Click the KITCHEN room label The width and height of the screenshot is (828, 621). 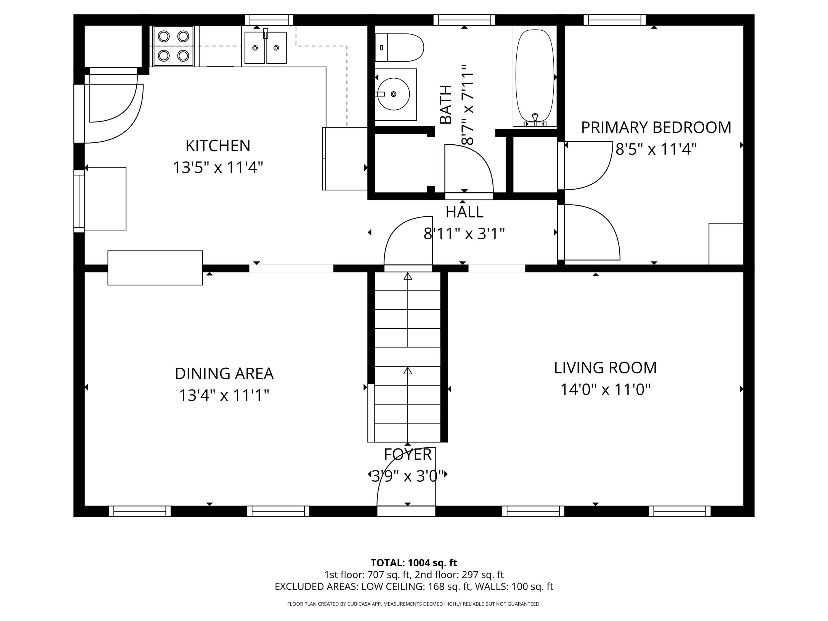[x=218, y=146]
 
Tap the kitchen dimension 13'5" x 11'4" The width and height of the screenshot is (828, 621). [x=218, y=167]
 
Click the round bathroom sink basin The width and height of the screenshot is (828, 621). [x=393, y=94]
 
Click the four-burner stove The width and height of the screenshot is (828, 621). [x=173, y=46]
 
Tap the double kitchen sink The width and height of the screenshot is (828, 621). [x=266, y=47]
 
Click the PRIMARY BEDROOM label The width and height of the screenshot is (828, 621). [x=656, y=128]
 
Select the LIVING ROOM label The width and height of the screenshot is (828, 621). [x=605, y=368]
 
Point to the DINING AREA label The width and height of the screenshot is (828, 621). [x=224, y=374]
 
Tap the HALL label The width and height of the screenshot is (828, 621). [x=464, y=212]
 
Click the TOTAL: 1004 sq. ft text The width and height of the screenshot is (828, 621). [x=414, y=562]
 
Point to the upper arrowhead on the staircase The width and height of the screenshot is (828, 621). [x=408, y=276]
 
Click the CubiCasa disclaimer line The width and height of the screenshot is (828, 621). [x=414, y=604]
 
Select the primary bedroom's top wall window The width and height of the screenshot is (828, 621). [x=614, y=20]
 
